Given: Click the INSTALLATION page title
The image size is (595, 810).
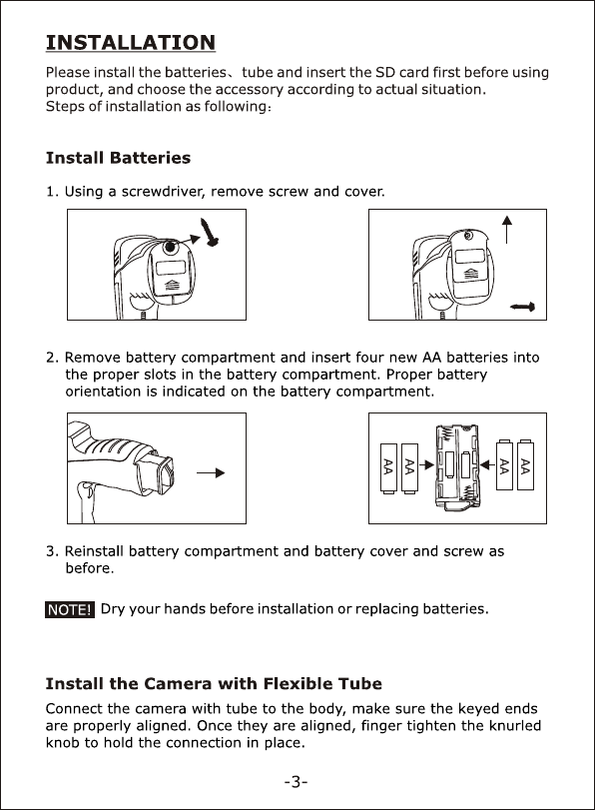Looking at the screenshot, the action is pos(131,42).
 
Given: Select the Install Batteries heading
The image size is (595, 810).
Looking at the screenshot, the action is pos(118,158).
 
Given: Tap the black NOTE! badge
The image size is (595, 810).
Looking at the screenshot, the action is pos(70,609).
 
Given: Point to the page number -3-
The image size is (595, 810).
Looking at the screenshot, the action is pos(296,782).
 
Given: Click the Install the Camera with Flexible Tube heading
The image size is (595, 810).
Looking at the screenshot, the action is pos(214,683).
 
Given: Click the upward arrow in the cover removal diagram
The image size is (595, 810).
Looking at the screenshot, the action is pos(507,230).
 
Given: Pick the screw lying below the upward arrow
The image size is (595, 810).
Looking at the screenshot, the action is pos(522,307).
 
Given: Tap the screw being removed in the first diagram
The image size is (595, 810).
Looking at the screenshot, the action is pos(211,232).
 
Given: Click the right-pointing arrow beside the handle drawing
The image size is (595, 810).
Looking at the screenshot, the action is pos(211,472).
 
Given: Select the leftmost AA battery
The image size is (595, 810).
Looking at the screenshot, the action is pos(388,468).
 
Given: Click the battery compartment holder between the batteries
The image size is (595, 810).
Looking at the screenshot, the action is pos(456,467).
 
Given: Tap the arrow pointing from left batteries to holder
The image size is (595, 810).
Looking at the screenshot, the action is pos(426,464).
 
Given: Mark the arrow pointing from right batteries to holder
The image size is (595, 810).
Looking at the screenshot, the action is pos(487,464).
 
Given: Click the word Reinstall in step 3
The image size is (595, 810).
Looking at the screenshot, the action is pos(94,551).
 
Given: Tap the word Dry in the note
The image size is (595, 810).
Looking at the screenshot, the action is pos(112,609).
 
